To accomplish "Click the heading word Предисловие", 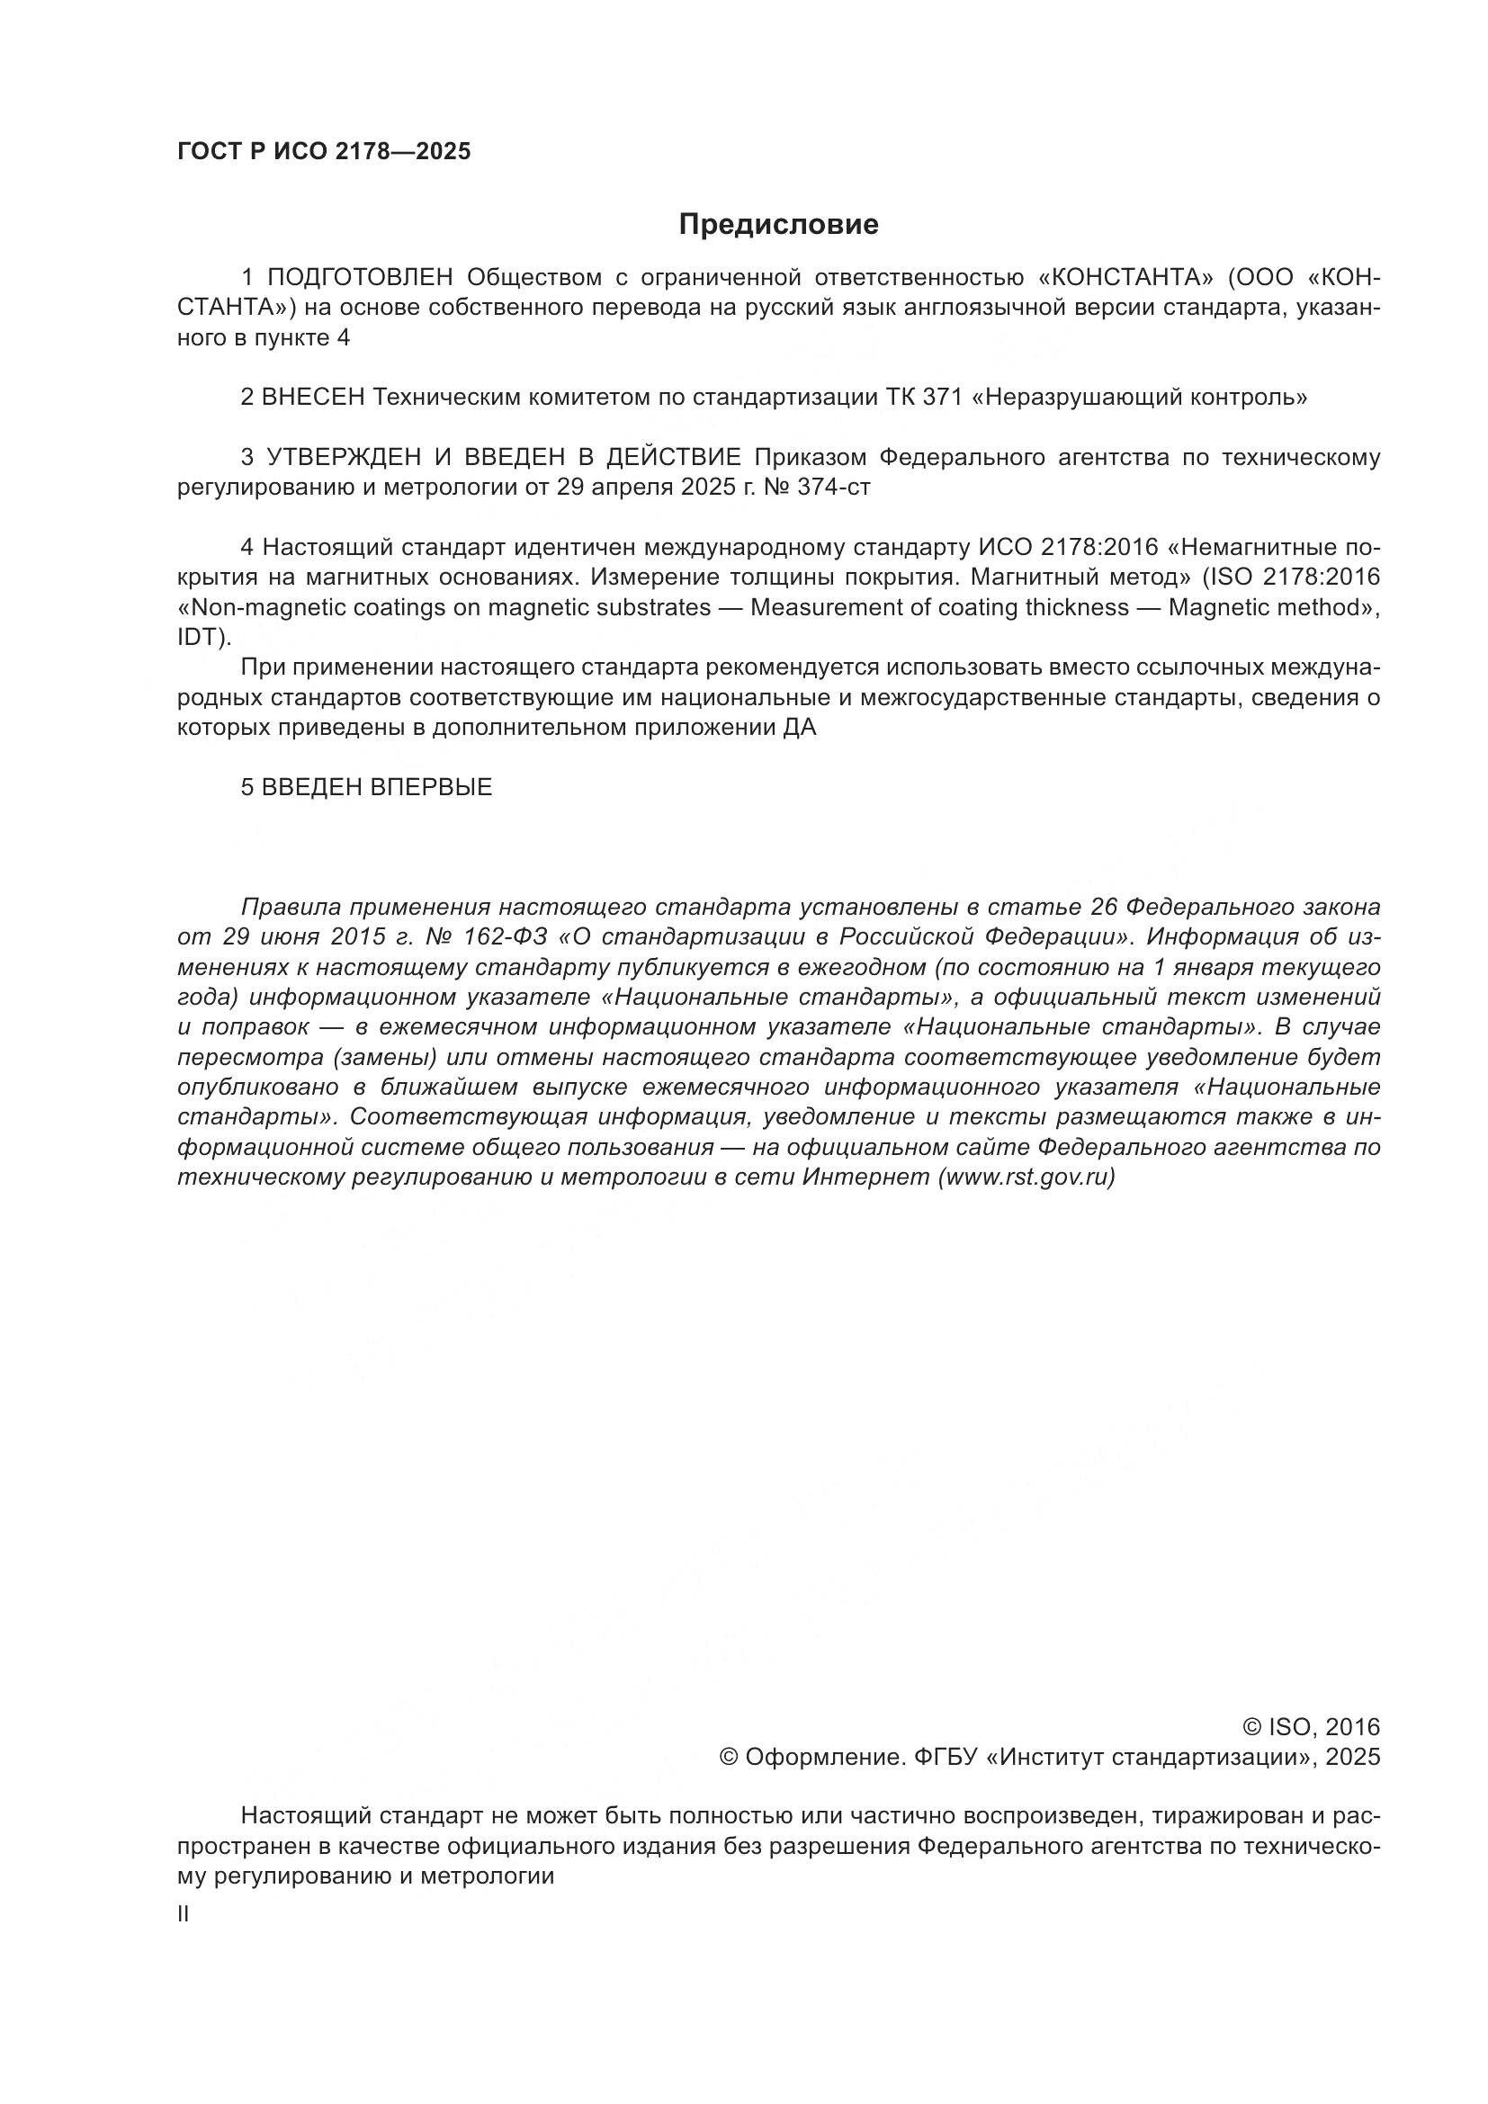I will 778,225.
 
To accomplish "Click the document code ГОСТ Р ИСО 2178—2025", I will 324,151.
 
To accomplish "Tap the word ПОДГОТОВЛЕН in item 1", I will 360,277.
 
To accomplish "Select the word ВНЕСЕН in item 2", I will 313,397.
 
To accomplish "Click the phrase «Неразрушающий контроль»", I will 1142,397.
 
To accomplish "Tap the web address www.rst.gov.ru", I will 1026,1177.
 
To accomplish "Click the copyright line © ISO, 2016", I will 1310,1727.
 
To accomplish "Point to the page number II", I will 184,1914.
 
